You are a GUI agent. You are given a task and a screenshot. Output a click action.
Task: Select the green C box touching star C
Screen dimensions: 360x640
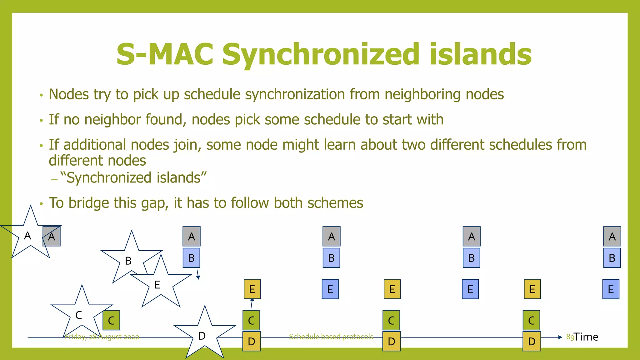point(112,320)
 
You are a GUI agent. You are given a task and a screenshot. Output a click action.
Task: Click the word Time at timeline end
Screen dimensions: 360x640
point(586,337)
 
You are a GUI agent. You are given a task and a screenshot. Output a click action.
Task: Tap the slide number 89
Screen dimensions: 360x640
point(570,337)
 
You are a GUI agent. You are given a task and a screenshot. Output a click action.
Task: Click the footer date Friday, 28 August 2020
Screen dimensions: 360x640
point(102,337)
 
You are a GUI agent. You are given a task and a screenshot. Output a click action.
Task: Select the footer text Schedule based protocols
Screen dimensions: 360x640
point(331,337)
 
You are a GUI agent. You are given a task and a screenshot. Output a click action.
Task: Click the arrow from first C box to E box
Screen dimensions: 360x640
point(252,303)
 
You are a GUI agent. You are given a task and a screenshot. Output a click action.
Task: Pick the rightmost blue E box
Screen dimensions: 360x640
point(611,289)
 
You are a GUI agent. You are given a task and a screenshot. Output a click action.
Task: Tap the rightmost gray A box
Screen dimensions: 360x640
point(612,237)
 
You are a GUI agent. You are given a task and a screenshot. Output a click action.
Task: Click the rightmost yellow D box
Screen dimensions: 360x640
point(532,341)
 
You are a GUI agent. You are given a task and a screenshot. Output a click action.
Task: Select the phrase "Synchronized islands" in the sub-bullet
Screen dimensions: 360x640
point(133,178)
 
